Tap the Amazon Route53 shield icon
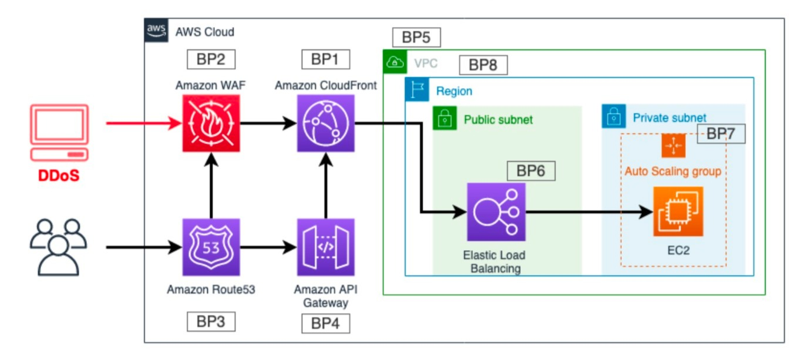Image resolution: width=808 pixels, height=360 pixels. (211, 247)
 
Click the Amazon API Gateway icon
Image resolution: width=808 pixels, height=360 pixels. (325, 247)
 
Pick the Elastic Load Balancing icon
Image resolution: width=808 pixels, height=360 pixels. (496, 212)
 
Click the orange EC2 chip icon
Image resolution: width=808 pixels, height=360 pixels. (678, 211)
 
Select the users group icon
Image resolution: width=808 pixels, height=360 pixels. (59, 247)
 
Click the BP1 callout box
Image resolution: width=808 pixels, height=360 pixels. (325, 59)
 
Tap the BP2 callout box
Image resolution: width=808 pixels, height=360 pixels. (211, 59)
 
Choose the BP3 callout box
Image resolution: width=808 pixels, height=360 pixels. (211, 322)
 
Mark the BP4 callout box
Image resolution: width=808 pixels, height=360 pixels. (325, 324)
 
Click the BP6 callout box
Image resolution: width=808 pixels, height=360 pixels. (531, 171)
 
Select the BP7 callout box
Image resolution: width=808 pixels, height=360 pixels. (721, 134)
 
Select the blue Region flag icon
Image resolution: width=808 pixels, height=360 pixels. (416, 92)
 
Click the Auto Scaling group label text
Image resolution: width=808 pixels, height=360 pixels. (672, 172)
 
